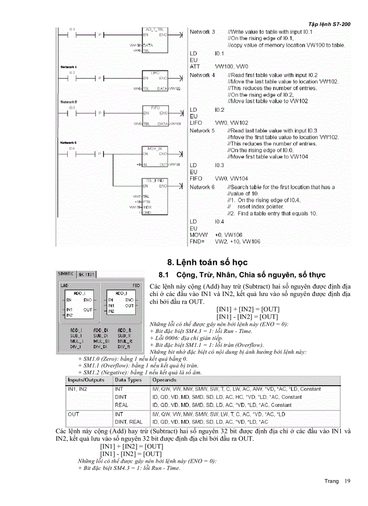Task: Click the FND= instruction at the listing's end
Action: pos(197,242)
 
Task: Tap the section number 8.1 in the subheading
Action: pos(163,275)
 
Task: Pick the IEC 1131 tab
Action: pos(86,274)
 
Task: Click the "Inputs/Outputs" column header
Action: pos(86,380)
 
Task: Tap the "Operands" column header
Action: pos(164,380)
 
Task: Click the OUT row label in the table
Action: pos(74,413)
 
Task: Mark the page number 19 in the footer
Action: pos(347,481)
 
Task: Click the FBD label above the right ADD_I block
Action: pos(136,285)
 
